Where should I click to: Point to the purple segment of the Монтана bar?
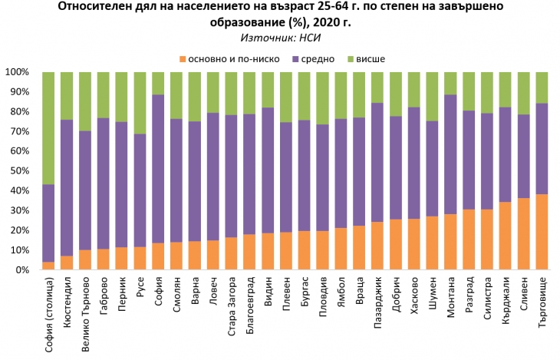[451, 154]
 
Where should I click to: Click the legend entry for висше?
[368, 58]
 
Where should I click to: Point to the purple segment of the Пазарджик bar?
[377, 162]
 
